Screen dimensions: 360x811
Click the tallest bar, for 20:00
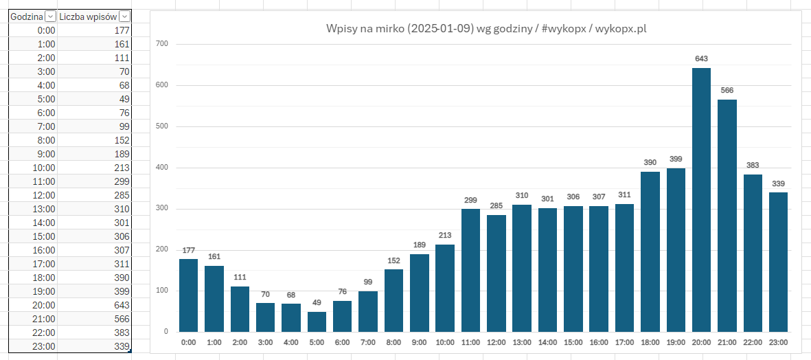(701, 200)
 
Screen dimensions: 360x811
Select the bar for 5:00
(317, 322)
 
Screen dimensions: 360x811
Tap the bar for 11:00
(471, 270)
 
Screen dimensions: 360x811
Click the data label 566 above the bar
(727, 90)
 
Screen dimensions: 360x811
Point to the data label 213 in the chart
(445, 235)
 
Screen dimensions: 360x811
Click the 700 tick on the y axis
(162, 44)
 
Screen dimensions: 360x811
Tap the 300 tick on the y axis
(162, 208)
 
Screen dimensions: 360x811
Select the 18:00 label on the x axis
(650, 341)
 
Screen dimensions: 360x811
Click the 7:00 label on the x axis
(368, 341)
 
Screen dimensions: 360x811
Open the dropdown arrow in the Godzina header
(51, 16)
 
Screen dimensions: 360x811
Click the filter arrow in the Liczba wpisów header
(124, 16)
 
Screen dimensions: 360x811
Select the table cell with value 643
(94, 305)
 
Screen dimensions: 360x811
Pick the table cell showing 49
(94, 99)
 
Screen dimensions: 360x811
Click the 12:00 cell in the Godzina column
(32, 195)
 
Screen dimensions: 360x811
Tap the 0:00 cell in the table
(32, 30)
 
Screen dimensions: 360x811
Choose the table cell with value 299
(94, 181)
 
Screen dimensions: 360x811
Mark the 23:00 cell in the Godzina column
(32, 346)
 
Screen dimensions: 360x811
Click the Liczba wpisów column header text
(88, 16)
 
